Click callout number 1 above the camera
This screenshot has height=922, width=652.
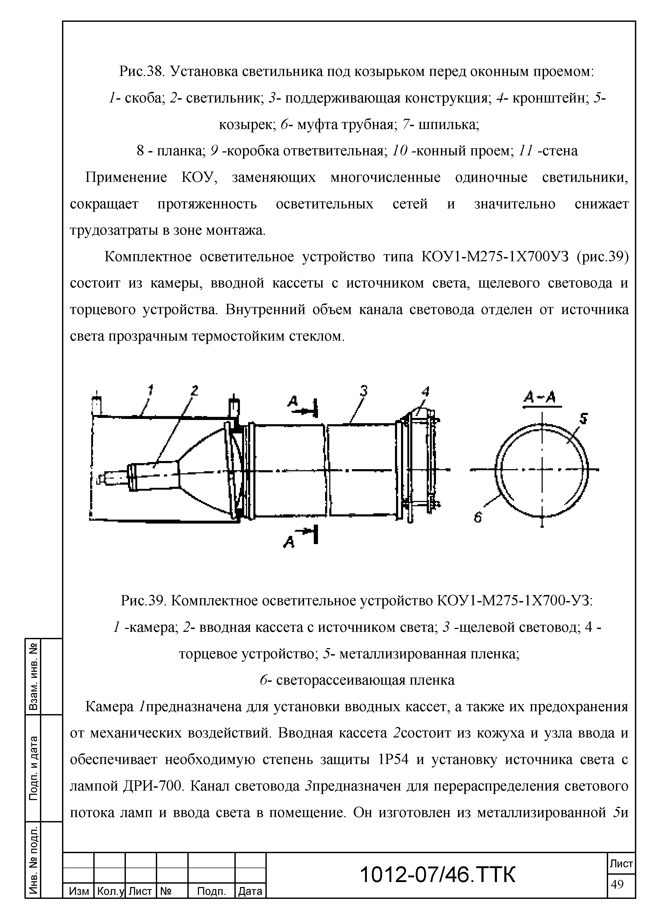coord(151,390)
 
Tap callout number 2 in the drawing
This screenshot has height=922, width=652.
coord(194,390)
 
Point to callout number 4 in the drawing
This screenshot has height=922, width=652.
coord(425,391)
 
